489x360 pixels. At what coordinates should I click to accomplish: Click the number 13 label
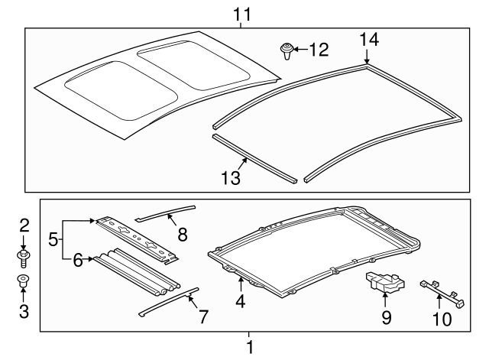[230, 178]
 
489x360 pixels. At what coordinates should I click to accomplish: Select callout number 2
[24, 225]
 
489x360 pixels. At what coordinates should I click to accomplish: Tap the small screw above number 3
[24, 281]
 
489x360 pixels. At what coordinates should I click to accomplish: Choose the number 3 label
[24, 311]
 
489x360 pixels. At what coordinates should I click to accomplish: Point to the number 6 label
[79, 260]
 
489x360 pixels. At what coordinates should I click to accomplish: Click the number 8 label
[181, 232]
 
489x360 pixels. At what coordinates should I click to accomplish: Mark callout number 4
[240, 300]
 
